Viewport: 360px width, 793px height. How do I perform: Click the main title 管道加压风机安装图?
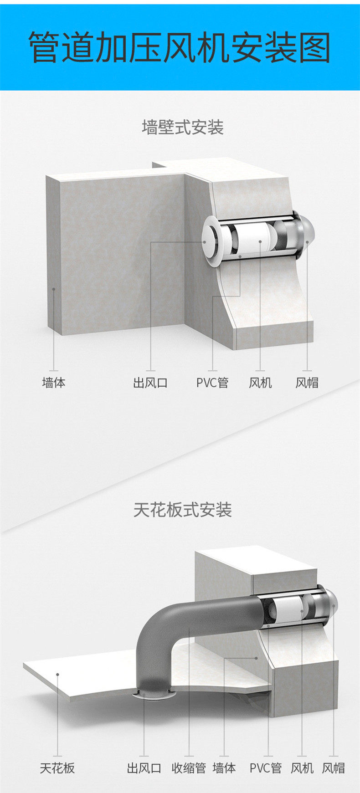click(180, 47)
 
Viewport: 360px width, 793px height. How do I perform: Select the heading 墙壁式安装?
click(183, 127)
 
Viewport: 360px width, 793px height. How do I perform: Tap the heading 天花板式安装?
click(183, 510)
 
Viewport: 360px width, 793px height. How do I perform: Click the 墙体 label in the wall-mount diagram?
click(54, 382)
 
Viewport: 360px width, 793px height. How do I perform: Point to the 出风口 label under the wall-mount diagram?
click(150, 382)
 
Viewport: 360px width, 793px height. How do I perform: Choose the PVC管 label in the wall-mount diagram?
click(212, 382)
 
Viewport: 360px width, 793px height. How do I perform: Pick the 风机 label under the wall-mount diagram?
click(260, 382)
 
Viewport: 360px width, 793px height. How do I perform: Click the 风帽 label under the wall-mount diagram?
click(307, 382)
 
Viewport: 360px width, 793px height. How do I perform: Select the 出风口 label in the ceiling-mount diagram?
click(144, 768)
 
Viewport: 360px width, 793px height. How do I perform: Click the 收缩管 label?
click(189, 768)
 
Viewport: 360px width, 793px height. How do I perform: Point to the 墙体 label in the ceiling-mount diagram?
click(224, 768)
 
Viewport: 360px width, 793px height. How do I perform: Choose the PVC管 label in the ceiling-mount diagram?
click(266, 768)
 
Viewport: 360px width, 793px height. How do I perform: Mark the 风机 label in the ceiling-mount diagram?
click(302, 768)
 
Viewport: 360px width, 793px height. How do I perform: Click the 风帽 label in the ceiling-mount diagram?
click(334, 768)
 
